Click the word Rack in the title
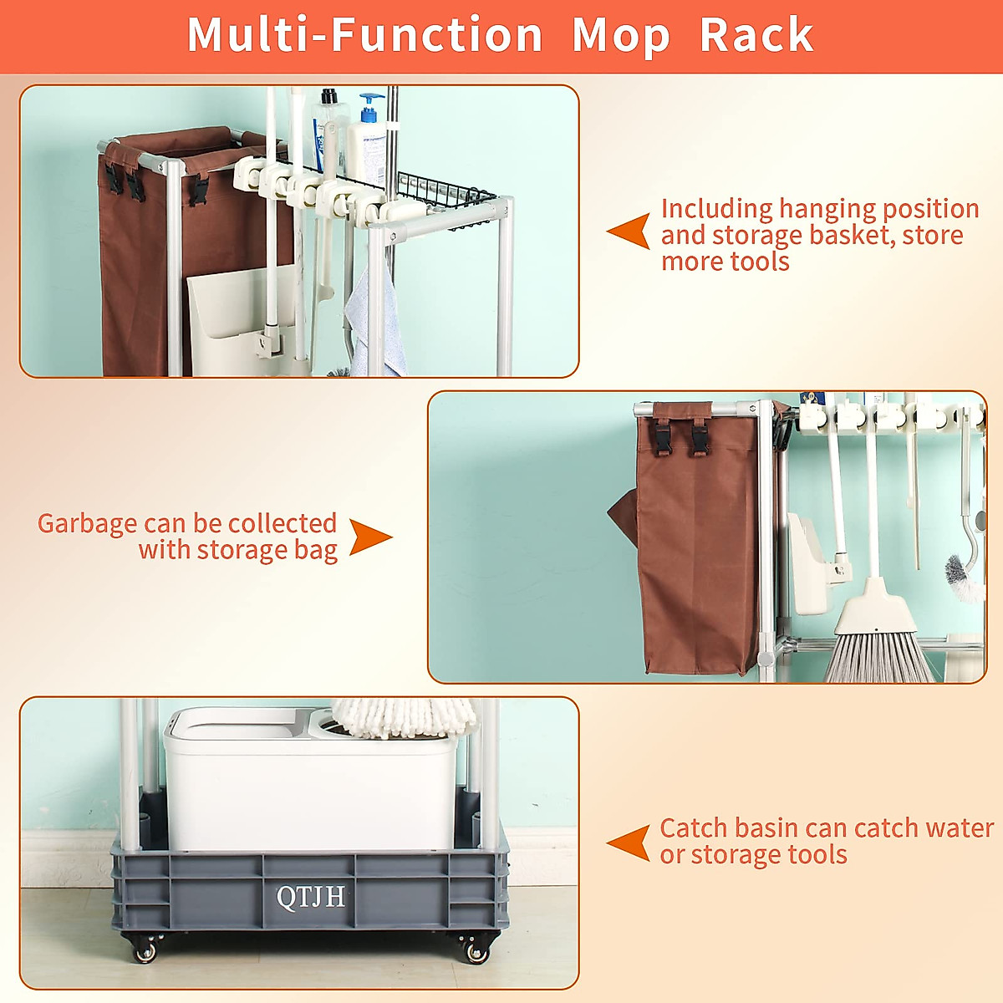pos(756,34)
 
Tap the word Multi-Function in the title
pos(365,34)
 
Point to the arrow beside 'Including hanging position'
pos(629,231)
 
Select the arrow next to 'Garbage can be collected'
pos(370,537)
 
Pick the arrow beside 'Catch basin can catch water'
pos(629,843)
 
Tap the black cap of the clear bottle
pos(329,96)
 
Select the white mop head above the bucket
pos(404,718)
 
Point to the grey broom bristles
pos(878,656)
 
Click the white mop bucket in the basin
pos(311,779)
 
